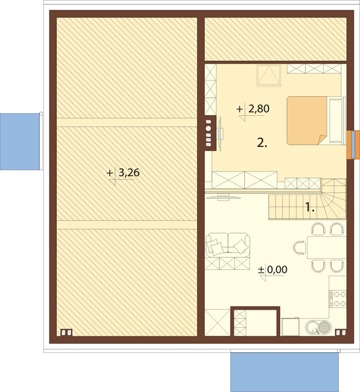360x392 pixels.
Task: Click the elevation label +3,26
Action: point(123,173)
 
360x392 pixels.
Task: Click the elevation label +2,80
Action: point(253,109)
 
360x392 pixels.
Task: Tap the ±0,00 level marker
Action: point(273,270)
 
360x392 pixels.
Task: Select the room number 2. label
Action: point(262,143)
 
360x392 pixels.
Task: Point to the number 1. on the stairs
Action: point(310,207)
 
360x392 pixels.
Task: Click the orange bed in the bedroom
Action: point(307,121)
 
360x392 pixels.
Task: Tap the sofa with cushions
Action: point(228,245)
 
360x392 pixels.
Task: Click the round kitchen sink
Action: point(318,327)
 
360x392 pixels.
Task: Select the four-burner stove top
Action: point(338,298)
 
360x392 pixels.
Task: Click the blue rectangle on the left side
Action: point(20,141)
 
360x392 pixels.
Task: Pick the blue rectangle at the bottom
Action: point(285,372)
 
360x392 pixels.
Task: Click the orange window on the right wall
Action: point(353,145)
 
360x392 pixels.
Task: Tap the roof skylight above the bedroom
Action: point(269,75)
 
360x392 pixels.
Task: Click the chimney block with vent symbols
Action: point(209,133)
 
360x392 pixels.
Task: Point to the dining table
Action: point(327,247)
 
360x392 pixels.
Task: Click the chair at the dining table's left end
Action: point(300,247)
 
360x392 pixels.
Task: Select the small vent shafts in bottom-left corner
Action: point(67,332)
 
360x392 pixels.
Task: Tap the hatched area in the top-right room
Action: point(276,39)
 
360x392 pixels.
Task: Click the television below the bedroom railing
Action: point(224,197)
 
